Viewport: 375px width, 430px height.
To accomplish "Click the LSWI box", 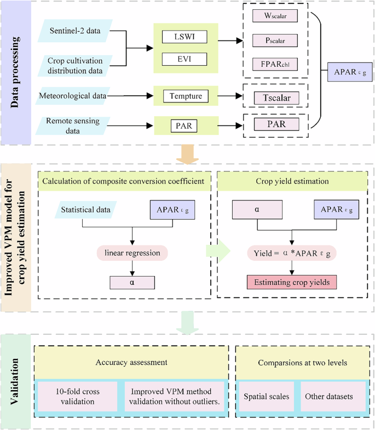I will click(185, 38).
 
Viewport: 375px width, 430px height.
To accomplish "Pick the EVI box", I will click(185, 58).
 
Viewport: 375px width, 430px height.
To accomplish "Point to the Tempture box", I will click(186, 96).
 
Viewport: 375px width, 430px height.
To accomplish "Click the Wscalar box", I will click(275, 16).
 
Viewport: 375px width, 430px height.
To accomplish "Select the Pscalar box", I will click(275, 41).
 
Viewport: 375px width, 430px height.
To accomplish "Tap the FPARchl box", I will click(275, 64).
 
